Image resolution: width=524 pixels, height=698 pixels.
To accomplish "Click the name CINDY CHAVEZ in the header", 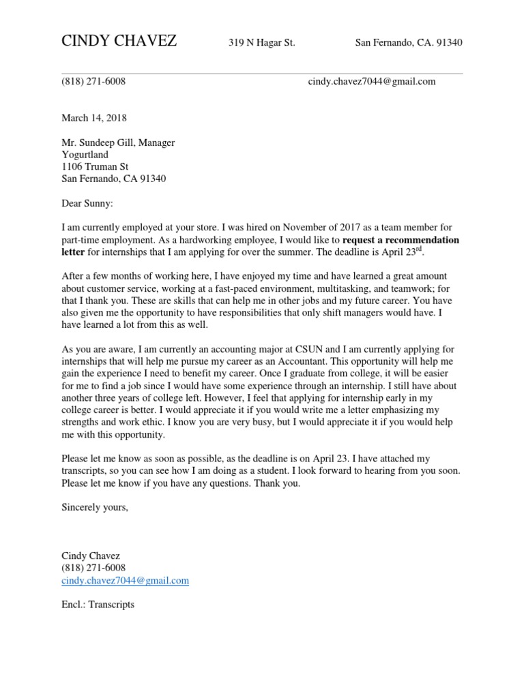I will click(119, 42).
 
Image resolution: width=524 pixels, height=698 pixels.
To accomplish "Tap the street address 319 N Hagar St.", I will click(261, 43).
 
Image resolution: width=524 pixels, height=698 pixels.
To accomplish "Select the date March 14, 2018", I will click(93, 118).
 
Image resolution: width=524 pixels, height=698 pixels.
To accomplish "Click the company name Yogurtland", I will click(85, 155).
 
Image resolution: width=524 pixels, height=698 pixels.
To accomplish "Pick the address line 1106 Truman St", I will click(95, 167).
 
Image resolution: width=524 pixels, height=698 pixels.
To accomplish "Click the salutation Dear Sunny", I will click(89, 203).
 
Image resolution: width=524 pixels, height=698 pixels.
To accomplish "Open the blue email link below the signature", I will click(125, 581).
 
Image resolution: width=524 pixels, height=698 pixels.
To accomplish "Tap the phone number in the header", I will click(93, 81).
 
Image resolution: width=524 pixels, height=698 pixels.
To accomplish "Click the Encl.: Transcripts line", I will click(98, 605).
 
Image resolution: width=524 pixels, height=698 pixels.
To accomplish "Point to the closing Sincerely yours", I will click(94, 507).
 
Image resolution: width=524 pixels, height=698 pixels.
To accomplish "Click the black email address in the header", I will click(371, 81).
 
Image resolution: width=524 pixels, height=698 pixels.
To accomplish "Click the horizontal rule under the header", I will click(262, 74).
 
